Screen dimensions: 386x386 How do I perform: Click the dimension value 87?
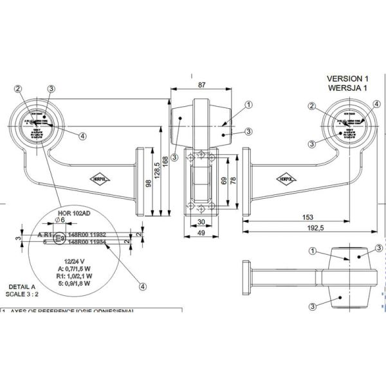point(202,85)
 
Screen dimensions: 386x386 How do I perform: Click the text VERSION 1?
point(348,78)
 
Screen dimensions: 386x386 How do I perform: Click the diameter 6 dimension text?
point(60,220)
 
